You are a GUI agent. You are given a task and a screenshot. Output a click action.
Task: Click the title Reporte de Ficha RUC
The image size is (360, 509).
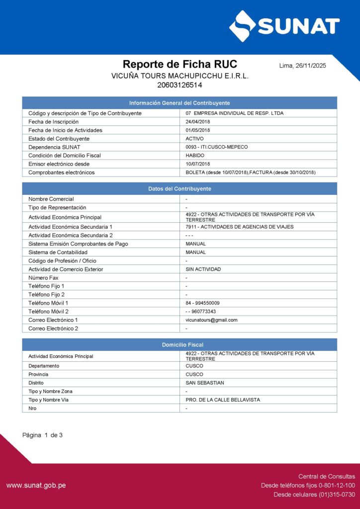point(180,64)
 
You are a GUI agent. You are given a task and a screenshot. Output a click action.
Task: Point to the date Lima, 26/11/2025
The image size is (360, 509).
point(303,66)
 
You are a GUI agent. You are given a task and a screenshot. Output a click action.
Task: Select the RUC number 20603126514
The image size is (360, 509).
point(180,85)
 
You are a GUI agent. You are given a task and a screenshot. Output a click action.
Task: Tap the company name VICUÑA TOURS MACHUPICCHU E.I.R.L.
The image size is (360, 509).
point(180,76)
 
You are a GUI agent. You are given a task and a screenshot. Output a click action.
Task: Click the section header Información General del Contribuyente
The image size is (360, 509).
point(180,103)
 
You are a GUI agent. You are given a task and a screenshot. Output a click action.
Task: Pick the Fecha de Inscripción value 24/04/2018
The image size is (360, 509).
point(198,122)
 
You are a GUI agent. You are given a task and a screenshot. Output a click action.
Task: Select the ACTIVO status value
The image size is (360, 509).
point(194,139)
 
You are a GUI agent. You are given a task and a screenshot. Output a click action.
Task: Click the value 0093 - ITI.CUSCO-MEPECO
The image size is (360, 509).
point(216,147)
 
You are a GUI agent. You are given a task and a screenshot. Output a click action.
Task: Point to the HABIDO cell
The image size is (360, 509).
point(195,156)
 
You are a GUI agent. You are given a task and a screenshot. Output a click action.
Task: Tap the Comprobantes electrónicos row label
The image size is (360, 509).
point(61,172)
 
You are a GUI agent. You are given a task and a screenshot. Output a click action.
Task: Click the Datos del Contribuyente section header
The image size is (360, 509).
point(180,189)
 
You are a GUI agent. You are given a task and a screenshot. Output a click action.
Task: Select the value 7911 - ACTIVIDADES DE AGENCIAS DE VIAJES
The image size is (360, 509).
point(239,227)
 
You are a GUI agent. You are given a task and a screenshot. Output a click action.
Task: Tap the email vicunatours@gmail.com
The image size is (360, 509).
point(211,320)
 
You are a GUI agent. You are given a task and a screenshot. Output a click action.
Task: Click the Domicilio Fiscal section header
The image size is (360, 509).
point(180,344)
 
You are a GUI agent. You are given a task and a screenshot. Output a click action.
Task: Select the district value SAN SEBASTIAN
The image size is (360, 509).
point(205,383)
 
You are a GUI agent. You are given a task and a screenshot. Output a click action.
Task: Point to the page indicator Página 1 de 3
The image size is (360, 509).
point(42,435)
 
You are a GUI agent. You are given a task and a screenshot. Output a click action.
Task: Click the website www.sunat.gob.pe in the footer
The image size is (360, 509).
point(36,485)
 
